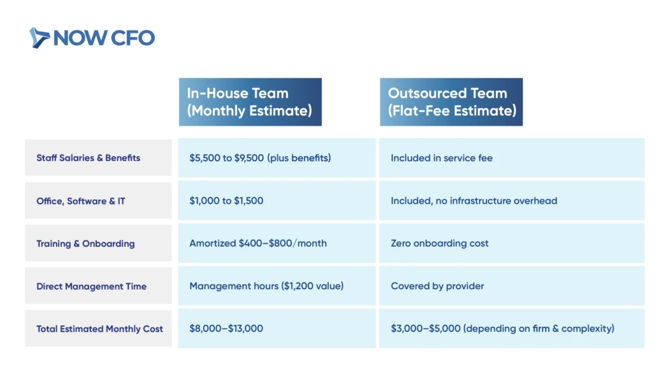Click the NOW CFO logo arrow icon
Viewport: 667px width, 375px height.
pyautogui.click(x=39, y=38)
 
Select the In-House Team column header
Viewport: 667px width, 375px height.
pyautogui.click(x=250, y=102)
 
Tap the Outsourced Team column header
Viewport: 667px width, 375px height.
pyautogui.click(x=451, y=102)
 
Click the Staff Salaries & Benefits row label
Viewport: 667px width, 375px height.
pyautogui.click(x=88, y=158)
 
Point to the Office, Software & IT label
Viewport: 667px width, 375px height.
pyautogui.click(x=81, y=201)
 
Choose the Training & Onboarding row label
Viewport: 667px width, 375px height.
pyautogui.click(x=85, y=243)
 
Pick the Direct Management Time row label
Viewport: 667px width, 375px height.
pyautogui.click(x=91, y=286)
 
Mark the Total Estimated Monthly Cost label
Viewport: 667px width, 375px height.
pyautogui.click(x=100, y=329)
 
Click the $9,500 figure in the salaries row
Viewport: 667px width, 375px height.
pyautogui.click(x=249, y=158)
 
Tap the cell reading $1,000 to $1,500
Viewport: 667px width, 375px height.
pyautogui.click(x=277, y=201)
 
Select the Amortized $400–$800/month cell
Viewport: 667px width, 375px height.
pyautogui.click(x=277, y=243)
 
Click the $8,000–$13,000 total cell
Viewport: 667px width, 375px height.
pyautogui.click(x=277, y=328)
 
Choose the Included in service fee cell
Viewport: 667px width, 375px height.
pyautogui.click(x=512, y=158)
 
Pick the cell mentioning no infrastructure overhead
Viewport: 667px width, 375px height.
pyautogui.click(x=512, y=201)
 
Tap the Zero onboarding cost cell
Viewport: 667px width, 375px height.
pyautogui.click(x=512, y=243)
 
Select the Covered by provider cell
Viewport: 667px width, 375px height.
pyautogui.click(x=512, y=286)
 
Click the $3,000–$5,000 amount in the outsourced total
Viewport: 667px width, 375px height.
pyautogui.click(x=426, y=328)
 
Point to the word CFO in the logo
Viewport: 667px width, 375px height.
pyautogui.click(x=133, y=38)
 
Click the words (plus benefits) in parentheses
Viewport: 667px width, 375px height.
pyautogui.click(x=299, y=158)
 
